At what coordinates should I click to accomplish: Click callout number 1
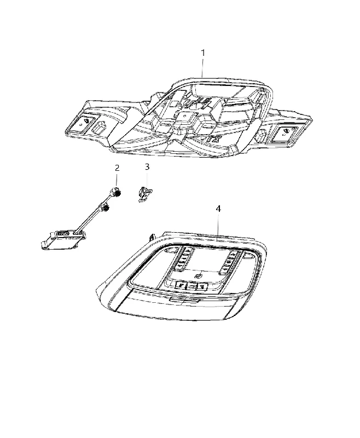tap(203, 53)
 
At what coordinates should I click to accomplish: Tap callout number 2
tap(117, 168)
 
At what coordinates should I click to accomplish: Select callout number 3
tap(147, 167)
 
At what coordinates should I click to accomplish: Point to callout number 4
tap(218, 209)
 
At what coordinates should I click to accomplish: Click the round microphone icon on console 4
tap(198, 276)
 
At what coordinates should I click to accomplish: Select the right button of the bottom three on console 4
tap(201, 286)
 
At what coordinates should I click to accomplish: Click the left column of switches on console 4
tap(182, 257)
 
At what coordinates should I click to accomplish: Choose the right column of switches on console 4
tap(230, 262)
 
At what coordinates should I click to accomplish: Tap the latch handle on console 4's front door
tap(184, 300)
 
